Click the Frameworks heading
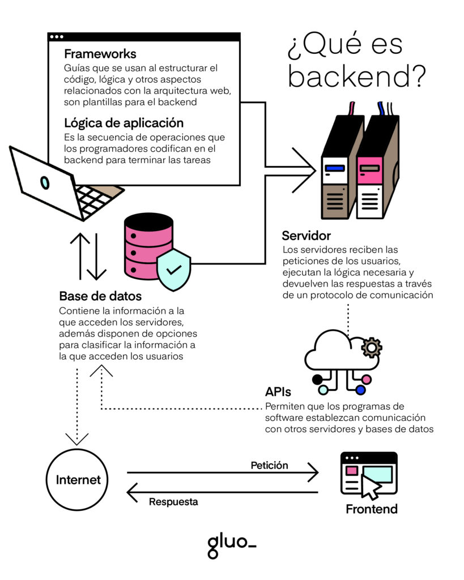(100, 54)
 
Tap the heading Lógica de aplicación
(124, 123)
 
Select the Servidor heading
(306, 235)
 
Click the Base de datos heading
(100, 296)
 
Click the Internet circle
(78, 480)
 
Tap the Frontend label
(372, 509)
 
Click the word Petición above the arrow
(269, 466)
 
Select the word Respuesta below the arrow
(173, 502)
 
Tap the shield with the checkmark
(173, 268)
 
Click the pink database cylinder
(147, 247)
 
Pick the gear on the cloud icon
(371, 346)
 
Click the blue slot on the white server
(335, 168)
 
